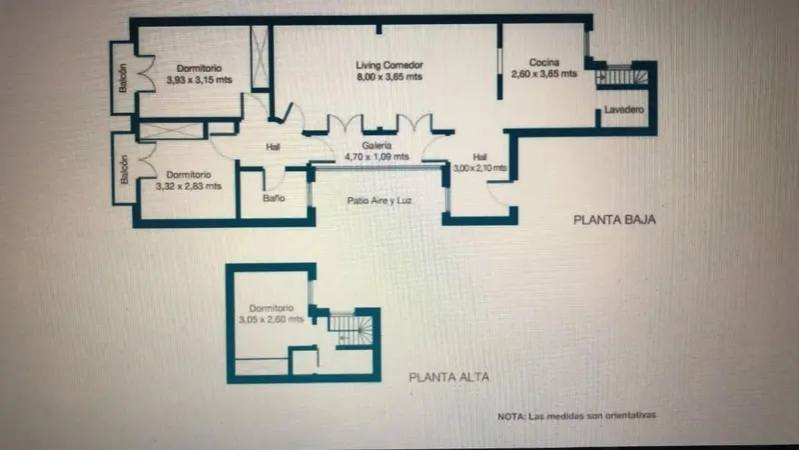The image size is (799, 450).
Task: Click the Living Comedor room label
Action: coord(390,65)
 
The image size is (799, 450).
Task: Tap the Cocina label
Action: coord(543,62)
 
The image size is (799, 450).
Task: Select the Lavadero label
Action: coord(623,110)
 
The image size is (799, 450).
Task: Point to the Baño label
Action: coord(274,198)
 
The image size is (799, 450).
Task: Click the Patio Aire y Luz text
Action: coord(380,201)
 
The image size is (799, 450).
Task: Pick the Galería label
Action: coord(378,145)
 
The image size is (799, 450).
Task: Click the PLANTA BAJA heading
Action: coord(614,220)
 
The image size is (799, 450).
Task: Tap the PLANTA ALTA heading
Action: coord(448,377)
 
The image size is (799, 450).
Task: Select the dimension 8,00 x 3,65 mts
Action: coord(390,77)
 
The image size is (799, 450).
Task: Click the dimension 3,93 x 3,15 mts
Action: coord(199,80)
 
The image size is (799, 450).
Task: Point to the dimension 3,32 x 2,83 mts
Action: coord(189,186)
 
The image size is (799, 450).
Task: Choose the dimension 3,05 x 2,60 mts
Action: coord(271,319)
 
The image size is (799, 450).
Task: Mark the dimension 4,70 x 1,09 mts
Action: coord(377,157)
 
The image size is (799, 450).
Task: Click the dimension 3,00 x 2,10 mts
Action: coord(479,168)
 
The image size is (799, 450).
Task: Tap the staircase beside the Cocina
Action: coord(621,76)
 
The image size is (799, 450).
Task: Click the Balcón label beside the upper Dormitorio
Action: coord(123,78)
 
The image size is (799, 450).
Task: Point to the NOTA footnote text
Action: coord(577,416)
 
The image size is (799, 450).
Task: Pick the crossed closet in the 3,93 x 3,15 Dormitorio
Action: coord(260,57)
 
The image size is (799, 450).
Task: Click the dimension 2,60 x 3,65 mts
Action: coord(543,74)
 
